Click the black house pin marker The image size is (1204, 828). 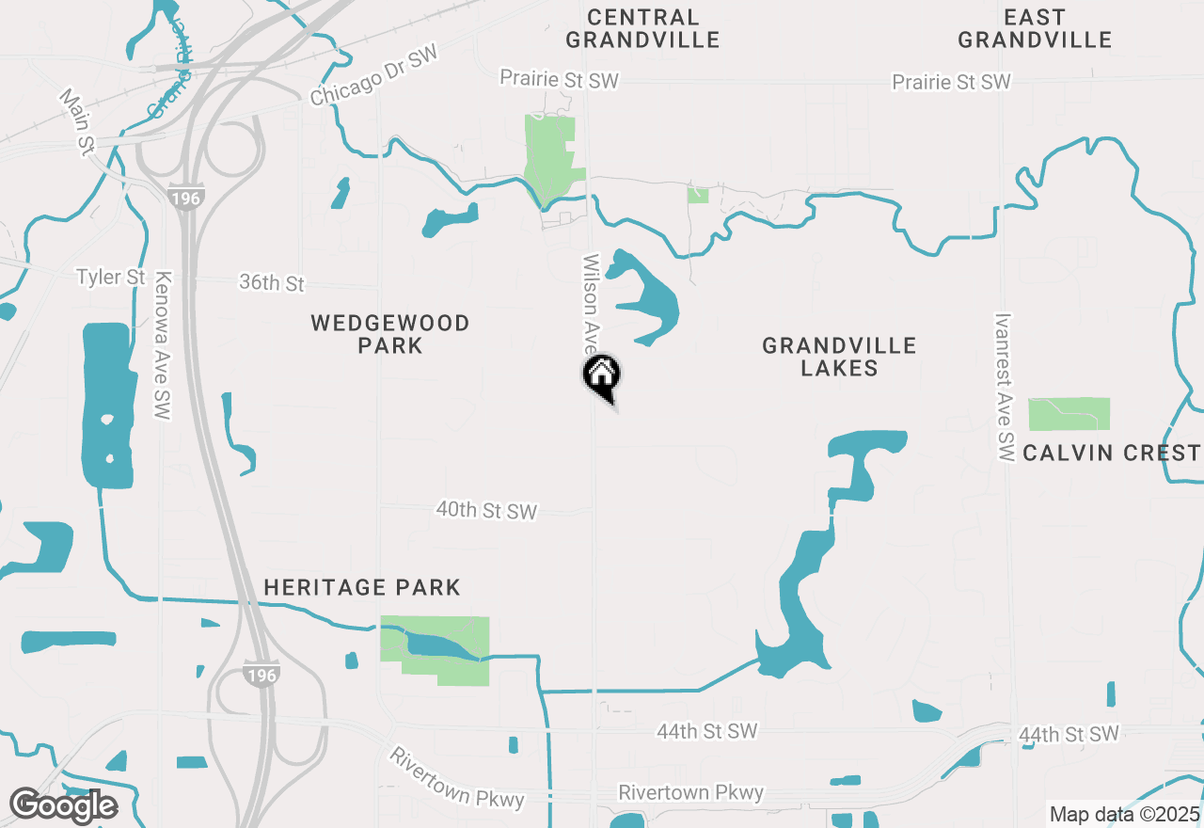(602, 376)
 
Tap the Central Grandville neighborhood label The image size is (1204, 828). (643, 28)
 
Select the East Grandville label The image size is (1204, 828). (1035, 28)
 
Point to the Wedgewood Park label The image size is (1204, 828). (390, 334)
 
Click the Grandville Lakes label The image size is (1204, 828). (839, 357)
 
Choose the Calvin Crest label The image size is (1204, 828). (1112, 453)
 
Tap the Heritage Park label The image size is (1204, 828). (362, 588)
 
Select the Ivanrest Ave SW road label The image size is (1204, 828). (1005, 388)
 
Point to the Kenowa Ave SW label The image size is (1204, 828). (165, 345)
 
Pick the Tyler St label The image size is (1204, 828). (111, 278)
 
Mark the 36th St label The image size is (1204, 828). (273, 282)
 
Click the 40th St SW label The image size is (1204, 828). (486, 511)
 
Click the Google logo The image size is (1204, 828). (63, 806)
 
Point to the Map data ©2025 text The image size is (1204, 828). (1124, 814)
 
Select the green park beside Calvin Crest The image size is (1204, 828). (1069, 414)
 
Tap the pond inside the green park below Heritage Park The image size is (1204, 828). (442, 645)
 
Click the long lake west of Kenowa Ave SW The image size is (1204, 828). (106, 405)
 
